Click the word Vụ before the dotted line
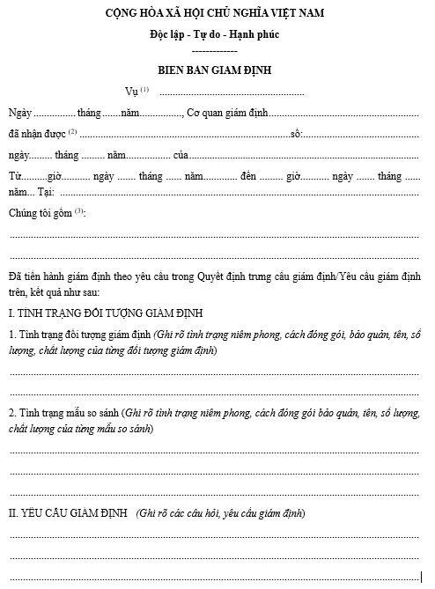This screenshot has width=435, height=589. [x=133, y=92]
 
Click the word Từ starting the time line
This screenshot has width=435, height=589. [x=15, y=176]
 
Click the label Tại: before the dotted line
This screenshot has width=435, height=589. [x=47, y=192]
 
